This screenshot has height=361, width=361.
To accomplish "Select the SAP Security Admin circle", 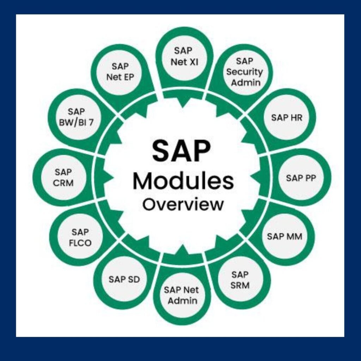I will click(244, 72).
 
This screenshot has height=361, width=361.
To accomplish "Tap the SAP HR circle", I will click(287, 117).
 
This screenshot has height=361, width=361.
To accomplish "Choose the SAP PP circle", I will click(300, 178).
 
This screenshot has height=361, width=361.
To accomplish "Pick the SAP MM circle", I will click(284, 236).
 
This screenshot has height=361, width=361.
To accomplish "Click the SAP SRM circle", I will click(240, 280).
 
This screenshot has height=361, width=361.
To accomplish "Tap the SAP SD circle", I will click(124, 279).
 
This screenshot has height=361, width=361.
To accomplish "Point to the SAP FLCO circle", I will click(80, 237).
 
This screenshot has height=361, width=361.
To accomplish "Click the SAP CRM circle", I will click(63, 177).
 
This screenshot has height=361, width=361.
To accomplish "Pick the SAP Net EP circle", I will click(121, 72).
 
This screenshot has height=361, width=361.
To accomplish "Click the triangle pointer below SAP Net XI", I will click(183, 102).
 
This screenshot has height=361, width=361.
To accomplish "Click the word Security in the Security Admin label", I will click(244, 72).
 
